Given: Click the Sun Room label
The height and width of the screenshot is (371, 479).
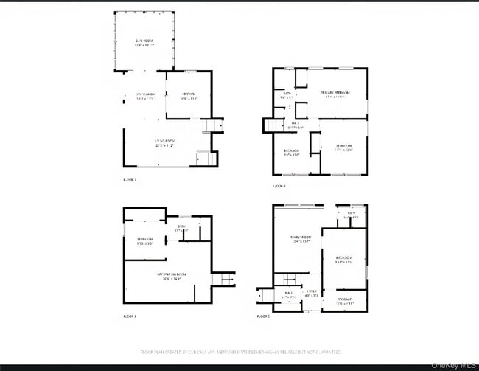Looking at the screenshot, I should tap(144, 43).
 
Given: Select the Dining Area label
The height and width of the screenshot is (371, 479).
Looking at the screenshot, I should tap(143, 96).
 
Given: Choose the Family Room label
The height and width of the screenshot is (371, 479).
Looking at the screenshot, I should tap(298, 238).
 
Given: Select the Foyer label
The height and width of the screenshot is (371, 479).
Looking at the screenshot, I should tap(312, 293).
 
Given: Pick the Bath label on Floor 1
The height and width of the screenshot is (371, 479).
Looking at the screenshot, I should tap(181, 228).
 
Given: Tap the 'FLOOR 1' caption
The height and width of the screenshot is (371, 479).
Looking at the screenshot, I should tap(130, 316).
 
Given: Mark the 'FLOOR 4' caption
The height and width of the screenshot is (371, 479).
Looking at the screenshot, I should tap(279, 186).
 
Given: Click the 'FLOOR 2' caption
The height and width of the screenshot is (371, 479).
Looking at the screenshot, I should tap(263, 316).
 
